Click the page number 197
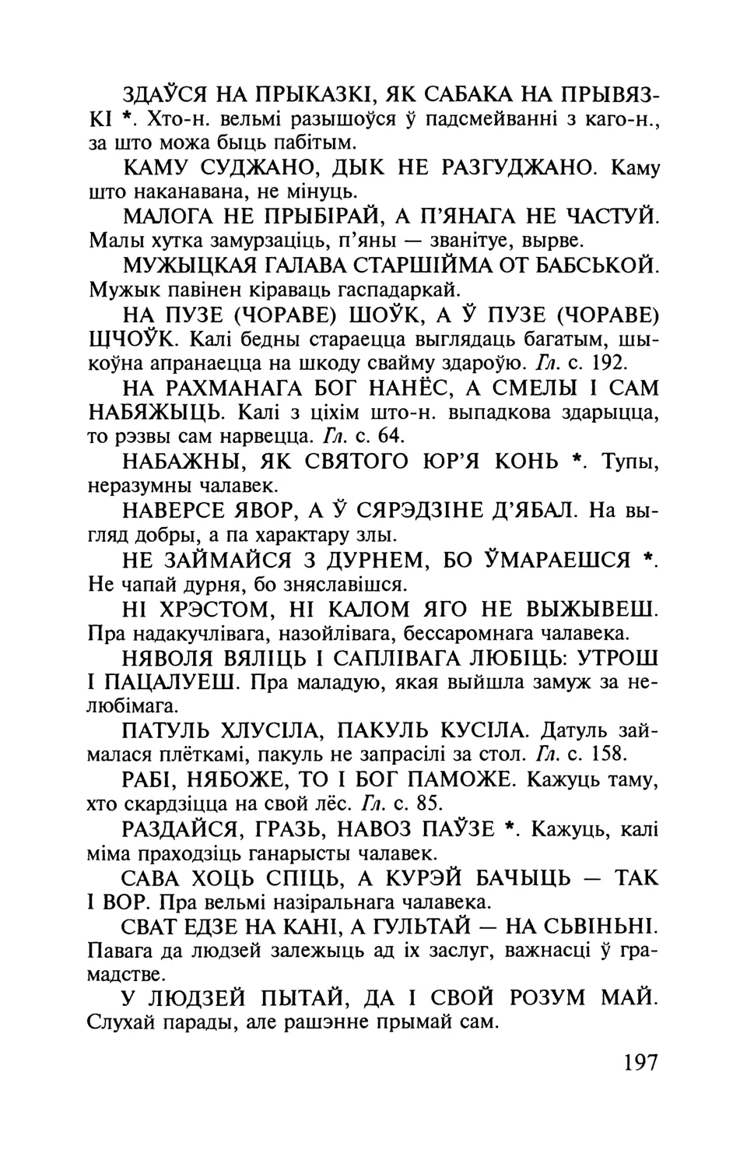click(x=640, y=1063)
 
